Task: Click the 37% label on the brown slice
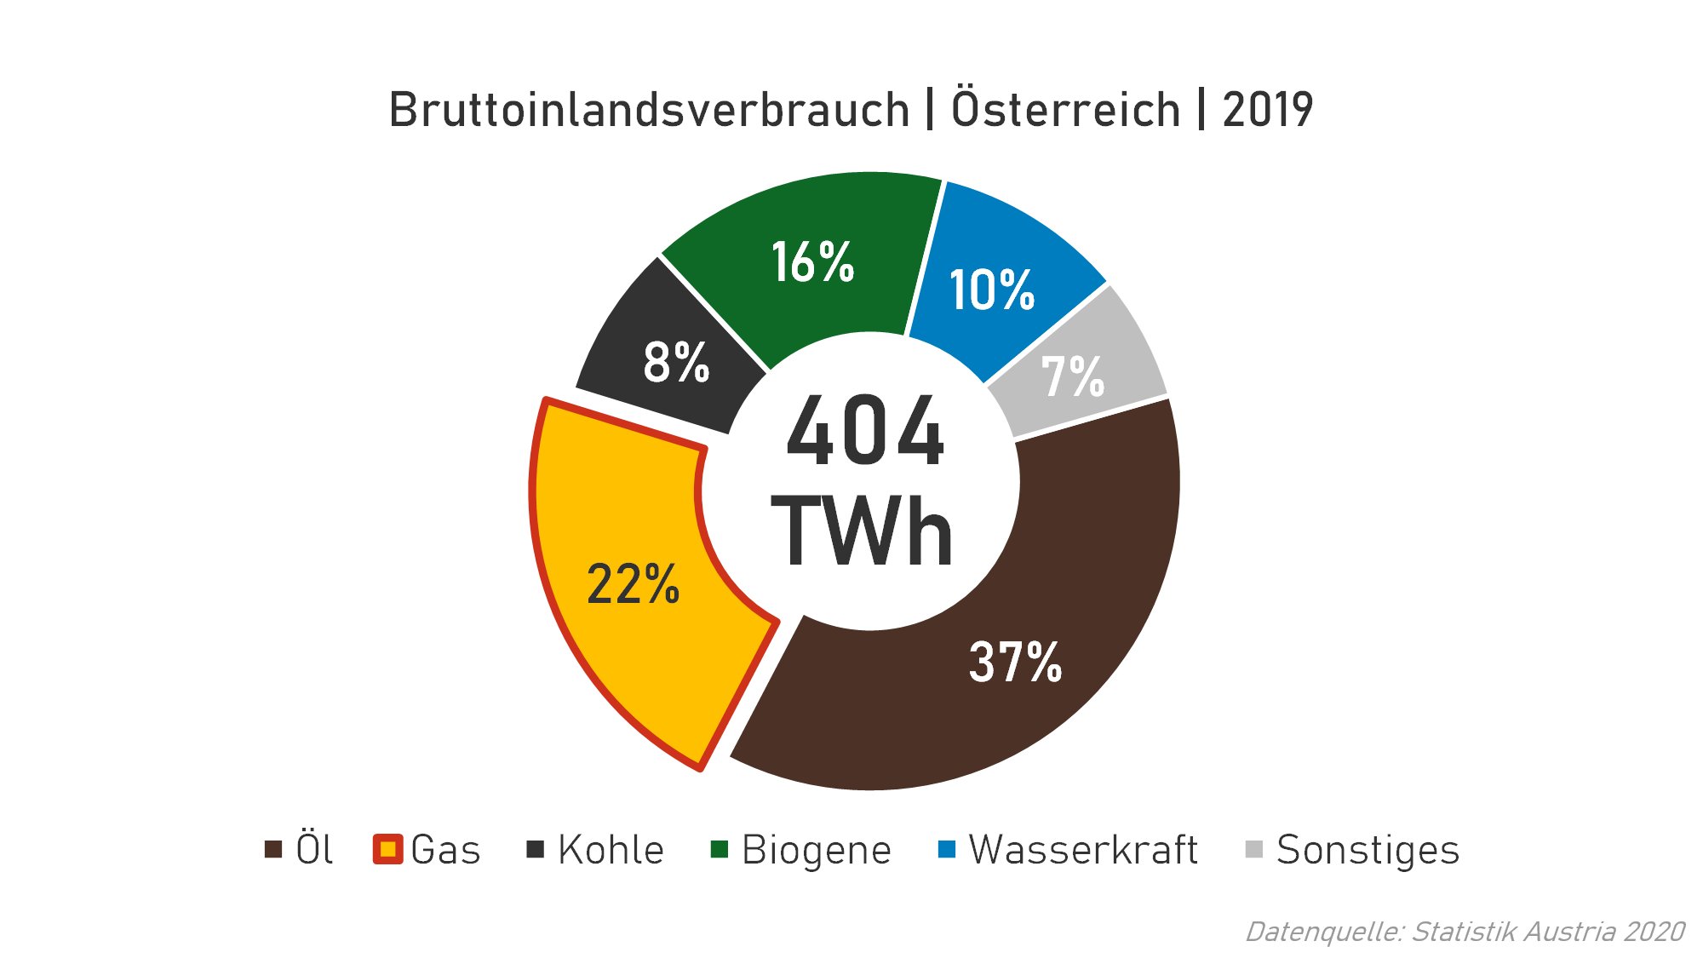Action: coord(1015,663)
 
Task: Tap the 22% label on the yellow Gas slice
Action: coord(633,585)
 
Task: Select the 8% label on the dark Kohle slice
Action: coord(676,362)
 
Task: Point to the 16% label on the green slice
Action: coord(812,261)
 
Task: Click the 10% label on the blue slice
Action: coord(991,290)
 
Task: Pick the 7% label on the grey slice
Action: coord(1073,376)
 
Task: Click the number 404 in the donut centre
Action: coord(865,432)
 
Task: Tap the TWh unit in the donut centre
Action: coord(862,531)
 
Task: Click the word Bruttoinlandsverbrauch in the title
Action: coord(649,110)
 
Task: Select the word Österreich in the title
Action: coord(1065,109)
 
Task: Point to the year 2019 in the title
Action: coord(1267,110)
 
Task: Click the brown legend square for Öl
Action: coord(273,850)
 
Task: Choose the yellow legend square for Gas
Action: coord(387,850)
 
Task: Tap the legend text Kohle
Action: coord(611,850)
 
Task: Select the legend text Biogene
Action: coord(816,850)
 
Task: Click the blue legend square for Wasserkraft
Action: coord(946,850)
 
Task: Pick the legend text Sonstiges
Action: coord(1368,850)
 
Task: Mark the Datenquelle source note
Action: coord(1465,932)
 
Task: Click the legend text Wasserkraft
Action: coord(1083,850)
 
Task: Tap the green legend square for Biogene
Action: coord(720,850)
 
